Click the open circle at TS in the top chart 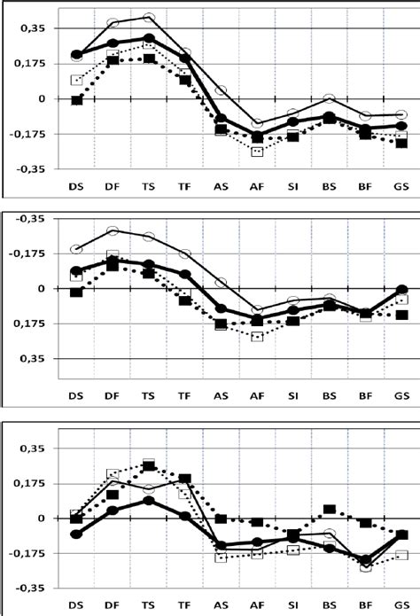(x=149, y=18)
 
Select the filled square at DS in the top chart (x=77, y=100)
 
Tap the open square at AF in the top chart (x=257, y=152)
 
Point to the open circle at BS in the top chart (x=329, y=98)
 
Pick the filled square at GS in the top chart (x=401, y=143)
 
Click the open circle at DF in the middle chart (x=113, y=231)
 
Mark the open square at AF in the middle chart (x=257, y=337)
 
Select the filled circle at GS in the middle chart (x=401, y=290)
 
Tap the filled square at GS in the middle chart (x=401, y=315)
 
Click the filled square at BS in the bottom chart (x=329, y=510)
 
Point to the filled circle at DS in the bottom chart (x=77, y=534)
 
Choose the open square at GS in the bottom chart (x=401, y=555)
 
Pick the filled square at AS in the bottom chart (x=221, y=519)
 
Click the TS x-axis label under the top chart (x=149, y=187)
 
